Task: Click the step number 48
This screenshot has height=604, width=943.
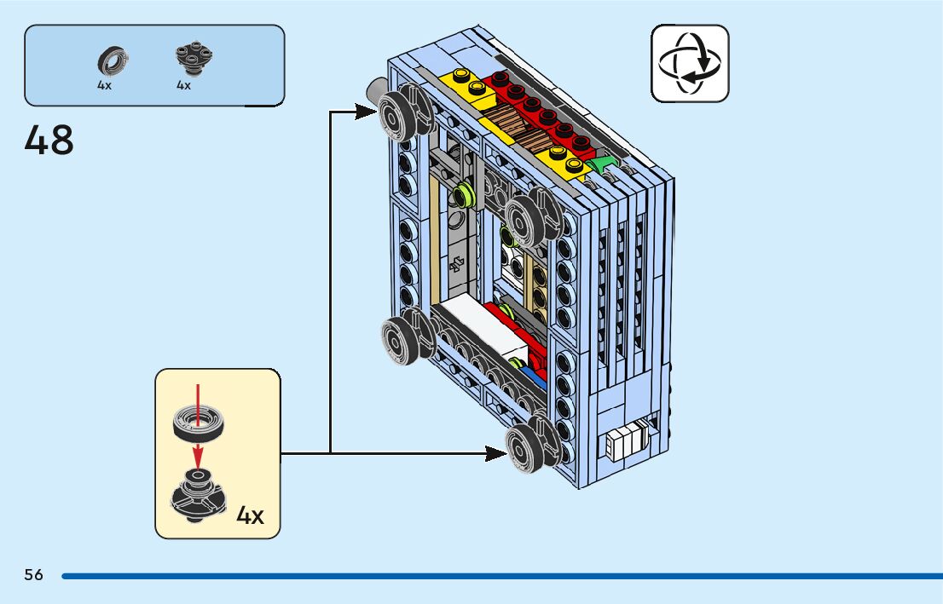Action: (49, 140)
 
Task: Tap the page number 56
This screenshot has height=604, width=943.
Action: (33, 575)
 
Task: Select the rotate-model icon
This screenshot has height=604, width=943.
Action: (690, 63)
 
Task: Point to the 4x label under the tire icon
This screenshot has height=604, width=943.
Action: (104, 86)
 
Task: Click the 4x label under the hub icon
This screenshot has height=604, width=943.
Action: (183, 86)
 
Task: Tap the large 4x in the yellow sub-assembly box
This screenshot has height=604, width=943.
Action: (250, 515)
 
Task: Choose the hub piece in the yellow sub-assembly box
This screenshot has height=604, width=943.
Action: (199, 494)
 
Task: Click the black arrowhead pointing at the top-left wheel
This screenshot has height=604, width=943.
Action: (367, 110)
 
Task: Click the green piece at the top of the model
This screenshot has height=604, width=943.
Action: (606, 164)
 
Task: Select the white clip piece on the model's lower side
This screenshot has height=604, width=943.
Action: (627, 442)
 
